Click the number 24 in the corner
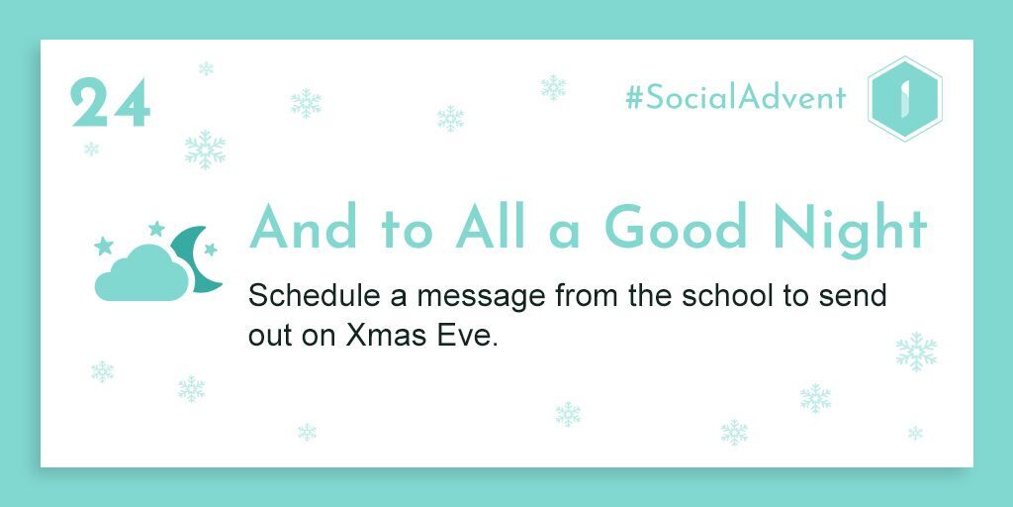coord(111,102)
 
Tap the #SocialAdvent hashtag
coord(735,98)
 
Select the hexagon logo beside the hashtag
coord(904,98)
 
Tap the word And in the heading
coord(303,227)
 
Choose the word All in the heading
coord(491,227)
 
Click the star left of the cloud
coord(103,246)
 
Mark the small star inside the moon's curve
coord(211,250)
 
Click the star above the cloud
coord(156,229)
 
